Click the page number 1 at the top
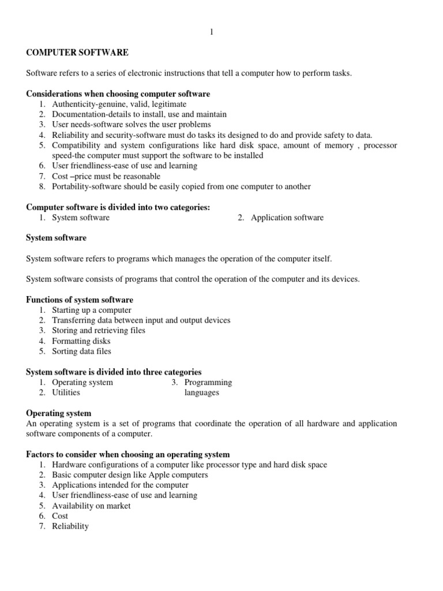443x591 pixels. (x=212, y=32)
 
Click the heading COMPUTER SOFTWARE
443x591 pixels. (x=77, y=53)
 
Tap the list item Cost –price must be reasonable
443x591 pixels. (x=106, y=176)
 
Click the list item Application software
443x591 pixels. (x=287, y=218)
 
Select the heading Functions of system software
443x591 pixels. (x=80, y=300)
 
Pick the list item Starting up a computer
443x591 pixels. (x=92, y=310)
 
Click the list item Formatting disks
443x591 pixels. (x=81, y=341)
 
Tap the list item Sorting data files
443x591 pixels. (x=81, y=351)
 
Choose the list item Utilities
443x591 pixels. (x=66, y=392)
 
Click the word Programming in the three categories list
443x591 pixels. (x=208, y=382)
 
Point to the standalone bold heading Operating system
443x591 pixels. (x=59, y=413)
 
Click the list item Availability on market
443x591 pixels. (x=91, y=506)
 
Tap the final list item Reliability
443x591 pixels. (x=70, y=526)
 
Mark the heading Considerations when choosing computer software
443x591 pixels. (x=118, y=93)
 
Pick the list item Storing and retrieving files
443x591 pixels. (x=99, y=331)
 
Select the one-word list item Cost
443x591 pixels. (x=60, y=516)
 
